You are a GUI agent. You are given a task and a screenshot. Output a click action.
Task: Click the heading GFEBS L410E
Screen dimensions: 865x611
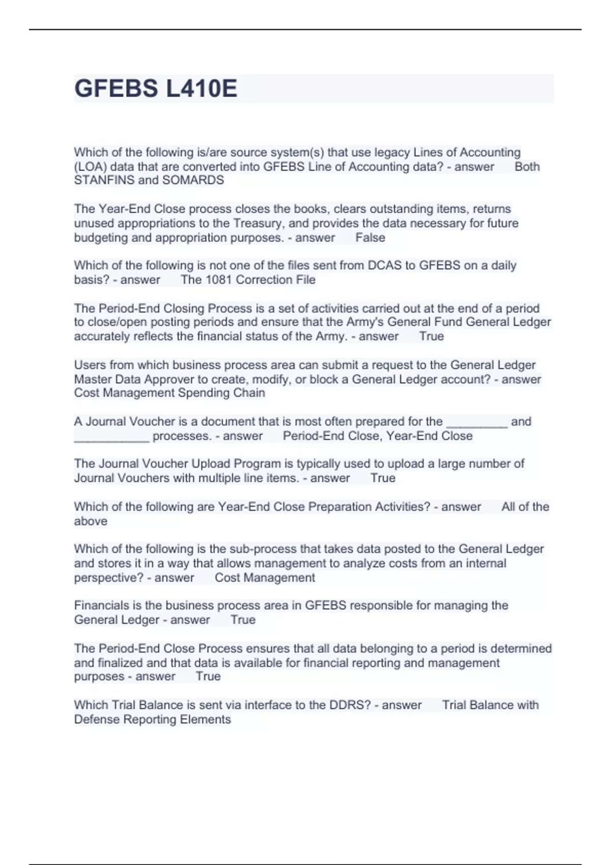(156, 89)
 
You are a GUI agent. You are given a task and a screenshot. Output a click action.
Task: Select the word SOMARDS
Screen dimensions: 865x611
(193, 180)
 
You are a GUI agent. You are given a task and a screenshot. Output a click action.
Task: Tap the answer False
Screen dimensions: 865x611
(370, 238)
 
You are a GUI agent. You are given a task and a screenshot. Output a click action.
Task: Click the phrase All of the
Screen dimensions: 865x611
(525, 507)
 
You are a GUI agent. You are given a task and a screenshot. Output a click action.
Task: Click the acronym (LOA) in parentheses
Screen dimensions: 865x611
(90, 167)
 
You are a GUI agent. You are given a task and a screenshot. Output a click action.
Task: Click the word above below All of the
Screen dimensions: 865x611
(91, 522)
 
